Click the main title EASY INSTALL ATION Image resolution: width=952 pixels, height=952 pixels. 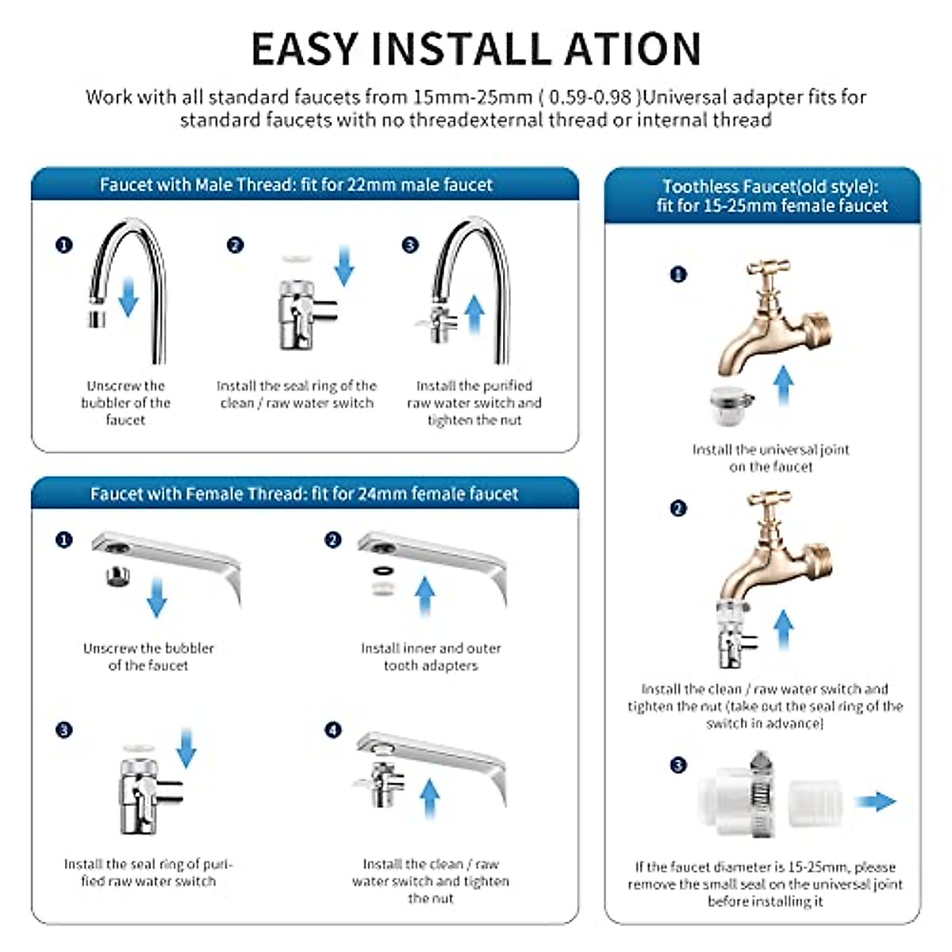(476, 49)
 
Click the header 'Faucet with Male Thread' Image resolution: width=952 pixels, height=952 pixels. (296, 185)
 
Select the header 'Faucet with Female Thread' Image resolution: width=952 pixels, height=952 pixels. (304, 493)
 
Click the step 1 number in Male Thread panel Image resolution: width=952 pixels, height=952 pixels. (64, 245)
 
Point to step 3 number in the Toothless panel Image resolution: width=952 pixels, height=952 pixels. (678, 765)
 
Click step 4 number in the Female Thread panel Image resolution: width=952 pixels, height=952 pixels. (333, 730)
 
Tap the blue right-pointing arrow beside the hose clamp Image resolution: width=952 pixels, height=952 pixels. (876, 801)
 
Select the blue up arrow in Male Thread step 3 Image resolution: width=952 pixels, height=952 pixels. (474, 314)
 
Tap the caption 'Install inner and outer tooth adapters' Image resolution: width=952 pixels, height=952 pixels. (431, 657)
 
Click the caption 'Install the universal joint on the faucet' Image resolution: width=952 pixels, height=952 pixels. (770, 458)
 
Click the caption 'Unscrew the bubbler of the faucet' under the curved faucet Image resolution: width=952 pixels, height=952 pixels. (125, 402)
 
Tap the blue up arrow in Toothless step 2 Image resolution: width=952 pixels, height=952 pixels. (783, 631)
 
